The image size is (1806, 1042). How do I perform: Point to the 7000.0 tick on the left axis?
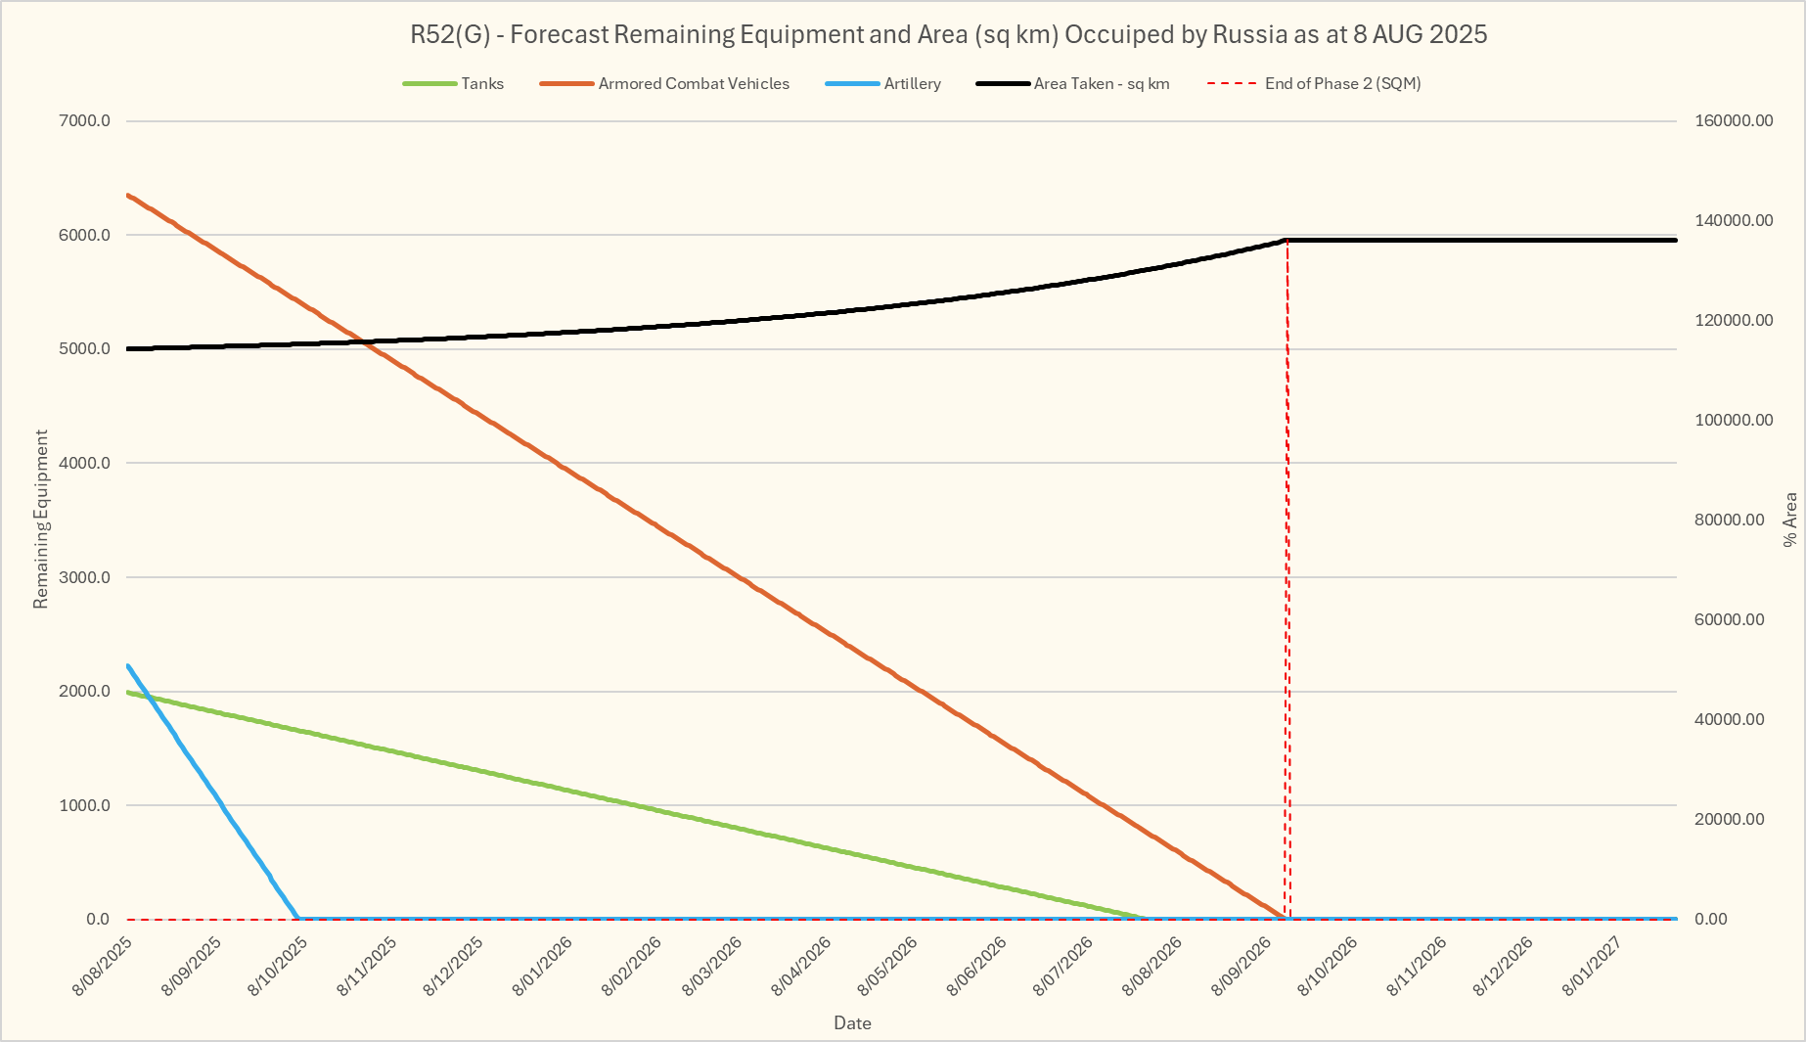(x=86, y=121)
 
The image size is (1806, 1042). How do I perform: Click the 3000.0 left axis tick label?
(x=86, y=577)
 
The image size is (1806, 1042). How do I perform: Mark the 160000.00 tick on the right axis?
(x=1733, y=121)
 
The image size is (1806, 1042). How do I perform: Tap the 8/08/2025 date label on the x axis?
(x=103, y=967)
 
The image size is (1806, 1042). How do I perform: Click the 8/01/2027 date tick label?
(x=1592, y=967)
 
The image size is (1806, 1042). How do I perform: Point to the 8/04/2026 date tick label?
(x=801, y=967)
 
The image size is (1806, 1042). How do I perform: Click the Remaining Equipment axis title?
(x=41, y=520)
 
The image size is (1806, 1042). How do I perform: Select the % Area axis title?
(x=1790, y=520)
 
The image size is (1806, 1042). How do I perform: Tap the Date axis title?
(x=852, y=1023)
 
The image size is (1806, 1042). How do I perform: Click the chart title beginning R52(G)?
(x=948, y=34)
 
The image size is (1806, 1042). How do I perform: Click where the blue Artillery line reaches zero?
(x=297, y=919)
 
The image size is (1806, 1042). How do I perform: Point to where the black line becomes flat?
(x=1287, y=240)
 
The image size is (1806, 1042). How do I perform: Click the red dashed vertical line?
(x=1287, y=587)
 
